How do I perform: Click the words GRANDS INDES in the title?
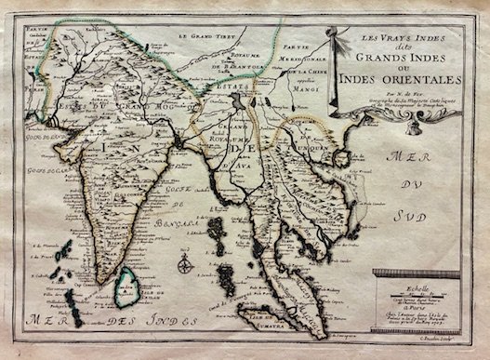[x=399, y=52]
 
